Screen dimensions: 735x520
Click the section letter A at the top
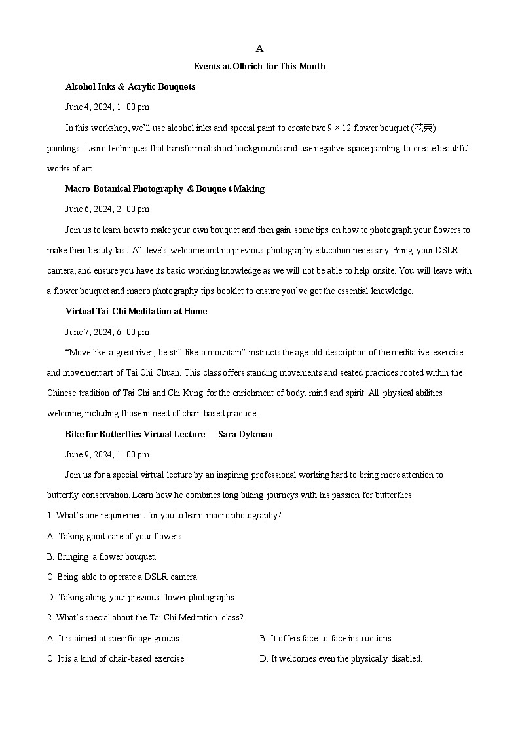pyautogui.click(x=259, y=48)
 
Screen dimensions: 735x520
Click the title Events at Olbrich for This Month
pyautogui.click(x=259, y=66)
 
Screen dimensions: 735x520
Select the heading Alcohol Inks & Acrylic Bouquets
pyautogui.click(x=130, y=86)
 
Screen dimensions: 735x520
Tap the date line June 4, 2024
pyautogui.click(x=107, y=107)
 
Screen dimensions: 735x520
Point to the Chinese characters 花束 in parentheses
pyautogui.click(x=423, y=127)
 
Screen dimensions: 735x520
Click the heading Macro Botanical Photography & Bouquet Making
pyautogui.click(x=164, y=188)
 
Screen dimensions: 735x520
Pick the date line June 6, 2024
pyautogui.click(x=107, y=209)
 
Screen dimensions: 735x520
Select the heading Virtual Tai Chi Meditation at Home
pyautogui.click(x=136, y=311)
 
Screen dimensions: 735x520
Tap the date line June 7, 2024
pyautogui.click(x=107, y=332)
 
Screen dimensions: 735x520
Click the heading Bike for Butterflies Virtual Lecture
pyautogui.click(x=169, y=434)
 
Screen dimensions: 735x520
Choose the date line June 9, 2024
pyautogui.click(x=107, y=454)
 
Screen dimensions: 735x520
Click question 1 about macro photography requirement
pyautogui.click(x=164, y=515)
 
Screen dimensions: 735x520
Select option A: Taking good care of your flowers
pyautogui.click(x=115, y=536)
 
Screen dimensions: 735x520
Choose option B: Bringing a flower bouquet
pyautogui.click(x=102, y=556)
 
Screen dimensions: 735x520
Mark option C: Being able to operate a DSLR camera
pyautogui.click(x=123, y=577)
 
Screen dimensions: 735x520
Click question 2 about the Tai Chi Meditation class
pyautogui.click(x=145, y=617)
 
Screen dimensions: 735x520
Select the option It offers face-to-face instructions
pyautogui.click(x=326, y=638)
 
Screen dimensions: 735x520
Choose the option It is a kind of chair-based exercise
pyautogui.click(x=117, y=658)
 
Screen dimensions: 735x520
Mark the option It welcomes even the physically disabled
pyautogui.click(x=341, y=658)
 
